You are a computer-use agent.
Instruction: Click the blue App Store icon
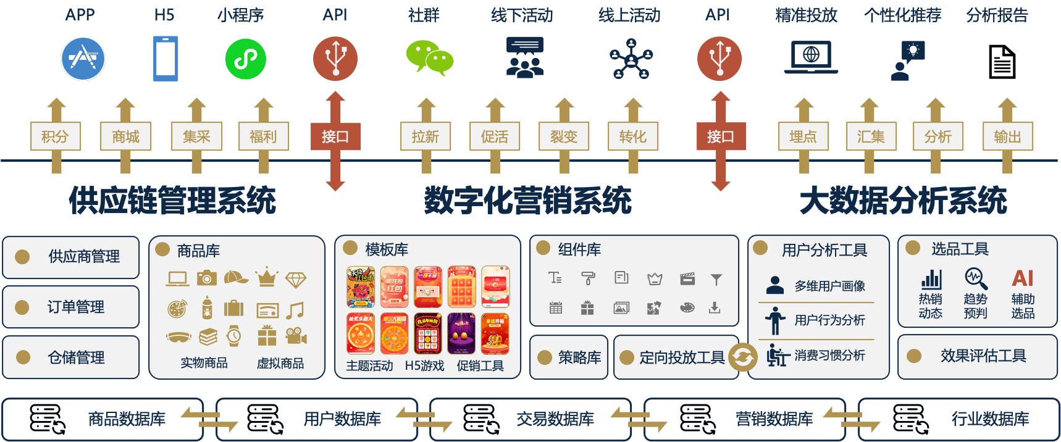83,59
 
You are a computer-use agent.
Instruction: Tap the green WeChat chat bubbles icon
429,58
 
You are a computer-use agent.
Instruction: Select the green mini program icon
246,59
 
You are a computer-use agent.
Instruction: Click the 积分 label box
56,136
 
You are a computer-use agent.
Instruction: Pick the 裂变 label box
564,136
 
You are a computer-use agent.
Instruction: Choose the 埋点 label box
803,136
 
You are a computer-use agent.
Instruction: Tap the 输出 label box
1007,136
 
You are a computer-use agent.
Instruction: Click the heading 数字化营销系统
528,201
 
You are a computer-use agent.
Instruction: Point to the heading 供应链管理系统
172,201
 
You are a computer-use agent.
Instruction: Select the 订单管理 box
71,307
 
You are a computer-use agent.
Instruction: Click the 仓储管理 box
71,357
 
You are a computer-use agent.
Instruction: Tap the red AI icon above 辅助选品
1023,278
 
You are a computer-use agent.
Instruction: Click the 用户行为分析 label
829,320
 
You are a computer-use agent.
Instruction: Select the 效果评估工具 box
978,356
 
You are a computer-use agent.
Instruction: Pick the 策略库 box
569,357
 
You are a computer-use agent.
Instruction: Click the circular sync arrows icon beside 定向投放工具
743,357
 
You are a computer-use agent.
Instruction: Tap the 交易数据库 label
555,419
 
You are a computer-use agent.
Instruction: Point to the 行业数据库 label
990,419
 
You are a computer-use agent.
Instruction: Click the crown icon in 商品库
267,278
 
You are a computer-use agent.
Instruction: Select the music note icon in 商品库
296,309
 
